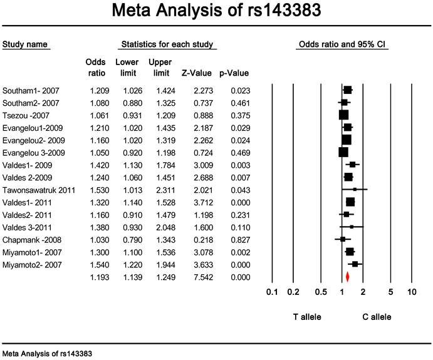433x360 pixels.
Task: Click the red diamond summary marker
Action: click(347, 277)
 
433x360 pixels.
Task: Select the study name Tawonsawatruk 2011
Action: click(39, 190)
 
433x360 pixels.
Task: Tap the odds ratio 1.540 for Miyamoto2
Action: click(100, 265)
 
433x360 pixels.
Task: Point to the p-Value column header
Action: click(234, 73)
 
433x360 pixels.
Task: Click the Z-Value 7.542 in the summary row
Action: click(204, 277)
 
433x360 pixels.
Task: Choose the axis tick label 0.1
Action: click(272, 292)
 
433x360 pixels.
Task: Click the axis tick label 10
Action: click(412, 292)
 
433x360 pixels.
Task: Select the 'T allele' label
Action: click(307, 317)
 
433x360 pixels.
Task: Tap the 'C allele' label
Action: click(377, 317)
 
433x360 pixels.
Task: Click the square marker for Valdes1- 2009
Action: click(352, 165)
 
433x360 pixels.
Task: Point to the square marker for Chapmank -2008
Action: click(343, 239)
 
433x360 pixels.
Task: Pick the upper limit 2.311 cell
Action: click(165, 190)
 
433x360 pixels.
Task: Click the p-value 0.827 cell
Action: click(241, 240)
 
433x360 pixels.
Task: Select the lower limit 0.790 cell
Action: click(133, 240)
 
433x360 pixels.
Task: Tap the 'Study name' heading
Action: click(25, 44)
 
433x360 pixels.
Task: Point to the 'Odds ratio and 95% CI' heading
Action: click(342, 44)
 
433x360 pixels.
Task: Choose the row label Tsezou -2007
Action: click(26, 116)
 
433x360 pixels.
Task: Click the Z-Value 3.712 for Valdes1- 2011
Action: click(204, 202)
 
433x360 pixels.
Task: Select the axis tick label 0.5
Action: click(321, 292)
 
